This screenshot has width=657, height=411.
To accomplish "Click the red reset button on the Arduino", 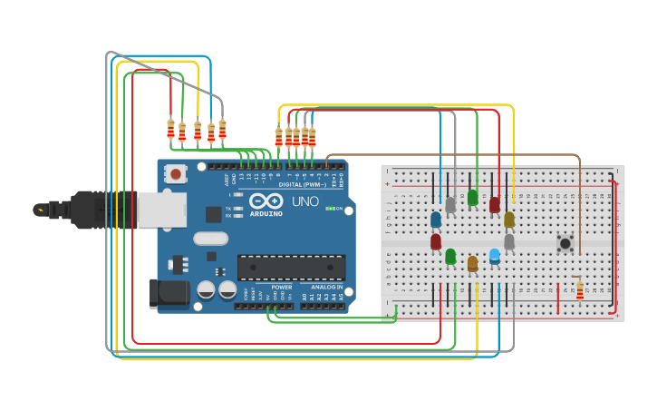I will (x=176, y=171).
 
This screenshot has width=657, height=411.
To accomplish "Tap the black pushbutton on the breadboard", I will (x=565, y=242).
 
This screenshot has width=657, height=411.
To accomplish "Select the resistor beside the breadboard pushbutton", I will (x=580, y=290).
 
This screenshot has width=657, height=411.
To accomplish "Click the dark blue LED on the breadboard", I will (x=436, y=220).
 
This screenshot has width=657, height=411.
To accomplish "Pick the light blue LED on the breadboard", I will (x=494, y=256).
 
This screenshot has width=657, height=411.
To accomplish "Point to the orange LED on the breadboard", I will (x=472, y=263).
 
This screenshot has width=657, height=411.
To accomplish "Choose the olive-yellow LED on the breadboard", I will (x=509, y=220).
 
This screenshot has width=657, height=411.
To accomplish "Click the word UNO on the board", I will (x=304, y=201).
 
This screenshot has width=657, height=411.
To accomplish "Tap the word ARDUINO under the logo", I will (x=266, y=214).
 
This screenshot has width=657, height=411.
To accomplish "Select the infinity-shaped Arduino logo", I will (x=266, y=201).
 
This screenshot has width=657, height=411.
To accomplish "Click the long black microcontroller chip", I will (x=291, y=267).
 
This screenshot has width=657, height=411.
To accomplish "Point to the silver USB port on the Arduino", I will (x=161, y=210).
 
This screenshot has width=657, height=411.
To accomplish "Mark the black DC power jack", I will (x=169, y=294).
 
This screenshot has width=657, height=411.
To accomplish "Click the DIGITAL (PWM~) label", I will (x=304, y=184).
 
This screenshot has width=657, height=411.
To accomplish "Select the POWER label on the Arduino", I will (x=282, y=287).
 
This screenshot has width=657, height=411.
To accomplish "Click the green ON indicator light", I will (x=329, y=209).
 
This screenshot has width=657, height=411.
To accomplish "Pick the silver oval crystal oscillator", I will (x=210, y=239).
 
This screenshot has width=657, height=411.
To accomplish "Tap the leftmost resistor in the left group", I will (x=170, y=129).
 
